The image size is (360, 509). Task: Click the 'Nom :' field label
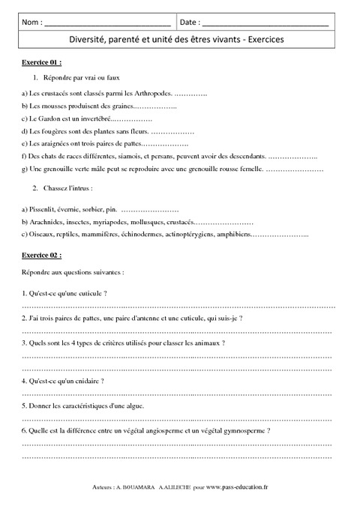coord(32,23)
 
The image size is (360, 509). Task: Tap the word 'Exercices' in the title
coord(259,42)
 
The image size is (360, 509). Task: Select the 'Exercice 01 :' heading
coord(41,62)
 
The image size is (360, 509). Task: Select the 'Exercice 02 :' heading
coord(41,256)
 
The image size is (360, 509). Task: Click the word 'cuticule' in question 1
coord(88,293)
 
